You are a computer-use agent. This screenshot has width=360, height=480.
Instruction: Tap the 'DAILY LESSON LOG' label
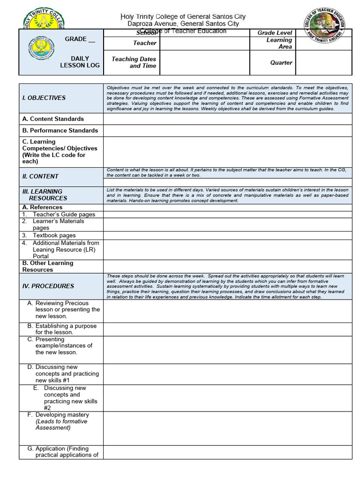coord(80,62)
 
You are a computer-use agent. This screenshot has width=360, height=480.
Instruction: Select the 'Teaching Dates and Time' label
coord(134,62)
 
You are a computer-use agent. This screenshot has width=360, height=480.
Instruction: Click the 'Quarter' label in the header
coord(281,62)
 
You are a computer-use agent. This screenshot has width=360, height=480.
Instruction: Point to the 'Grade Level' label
coord(275,33)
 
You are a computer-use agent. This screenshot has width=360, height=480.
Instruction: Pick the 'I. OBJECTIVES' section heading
coord(44,98)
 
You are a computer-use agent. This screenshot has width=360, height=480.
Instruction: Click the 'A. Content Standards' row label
coord(53,119)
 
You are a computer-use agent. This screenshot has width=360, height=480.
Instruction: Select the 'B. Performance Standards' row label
coord(60,130)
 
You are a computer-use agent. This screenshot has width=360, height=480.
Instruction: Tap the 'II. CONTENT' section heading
coord(40,176)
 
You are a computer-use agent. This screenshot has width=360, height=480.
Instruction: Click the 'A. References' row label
coord(42,207)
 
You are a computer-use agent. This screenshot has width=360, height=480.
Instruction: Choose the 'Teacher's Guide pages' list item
coord(64,214)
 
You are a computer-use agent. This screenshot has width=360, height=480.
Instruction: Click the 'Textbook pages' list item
coord(54,235)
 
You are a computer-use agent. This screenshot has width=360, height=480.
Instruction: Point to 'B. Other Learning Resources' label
coord(48,266)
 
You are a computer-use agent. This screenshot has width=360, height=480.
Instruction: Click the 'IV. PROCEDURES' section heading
coord(48,286)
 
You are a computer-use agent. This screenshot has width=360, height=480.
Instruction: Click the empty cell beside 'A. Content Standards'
coord(227,119)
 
